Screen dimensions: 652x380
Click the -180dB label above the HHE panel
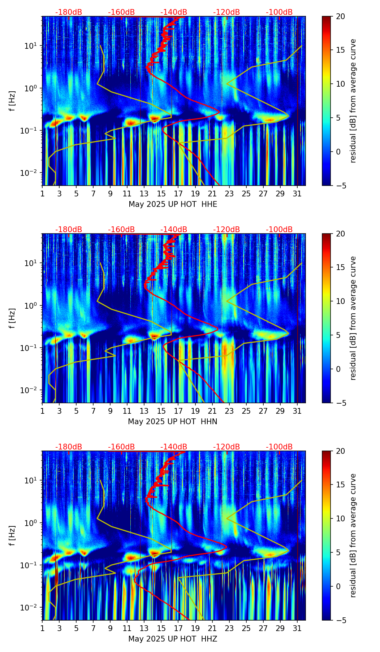pos(69,12)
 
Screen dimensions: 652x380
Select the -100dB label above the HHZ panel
pos(279,447)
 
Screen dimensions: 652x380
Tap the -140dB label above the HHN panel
pos(174,230)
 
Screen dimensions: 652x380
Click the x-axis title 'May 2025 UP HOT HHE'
pos(173,204)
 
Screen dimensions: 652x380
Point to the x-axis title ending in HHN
pos(173,422)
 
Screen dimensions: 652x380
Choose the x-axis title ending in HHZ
pos(173,639)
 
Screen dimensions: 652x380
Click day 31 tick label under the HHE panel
pos(297,194)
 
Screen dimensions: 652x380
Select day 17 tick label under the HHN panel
pos(178,411)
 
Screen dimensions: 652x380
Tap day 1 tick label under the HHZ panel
pos(42,629)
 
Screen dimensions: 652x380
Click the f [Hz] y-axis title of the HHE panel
pos(12,101)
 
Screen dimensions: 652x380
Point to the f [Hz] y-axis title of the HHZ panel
pos(12,536)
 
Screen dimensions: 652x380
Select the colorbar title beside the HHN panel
pos(353,318)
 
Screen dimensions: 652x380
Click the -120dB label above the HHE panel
pos(226,12)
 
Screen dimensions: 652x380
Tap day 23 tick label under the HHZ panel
pos(229,629)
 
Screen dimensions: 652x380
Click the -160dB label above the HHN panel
pos(121,230)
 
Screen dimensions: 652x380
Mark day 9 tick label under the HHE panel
pos(110,194)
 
